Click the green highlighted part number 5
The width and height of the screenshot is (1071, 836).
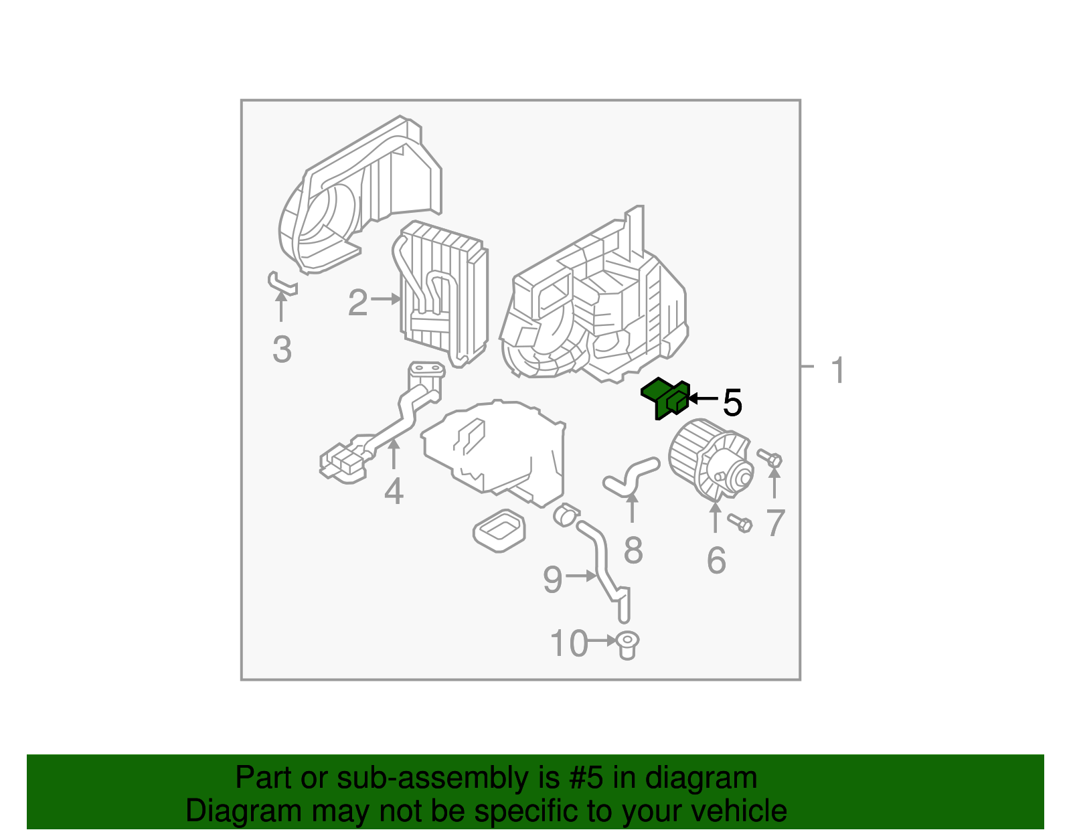point(665,398)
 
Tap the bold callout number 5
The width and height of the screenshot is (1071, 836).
point(732,402)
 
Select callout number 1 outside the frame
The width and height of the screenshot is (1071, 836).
point(837,370)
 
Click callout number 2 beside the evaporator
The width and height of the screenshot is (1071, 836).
point(357,303)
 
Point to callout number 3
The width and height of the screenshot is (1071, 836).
point(282,349)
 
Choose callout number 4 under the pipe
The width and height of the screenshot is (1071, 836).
point(394,492)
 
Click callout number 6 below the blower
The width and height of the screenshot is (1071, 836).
point(716,560)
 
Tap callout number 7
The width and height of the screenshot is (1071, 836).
point(775,523)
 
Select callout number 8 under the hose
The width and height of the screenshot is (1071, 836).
point(633,550)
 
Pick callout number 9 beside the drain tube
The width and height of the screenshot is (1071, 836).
point(552,579)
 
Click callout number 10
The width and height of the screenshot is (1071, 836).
point(568,644)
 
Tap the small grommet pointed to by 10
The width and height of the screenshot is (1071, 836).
point(627,645)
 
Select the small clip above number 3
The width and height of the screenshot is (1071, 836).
point(281,283)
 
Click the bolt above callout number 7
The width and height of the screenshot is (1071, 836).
point(770,458)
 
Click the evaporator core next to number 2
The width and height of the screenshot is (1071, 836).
point(444,292)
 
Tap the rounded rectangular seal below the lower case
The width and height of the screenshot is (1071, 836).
point(499,531)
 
